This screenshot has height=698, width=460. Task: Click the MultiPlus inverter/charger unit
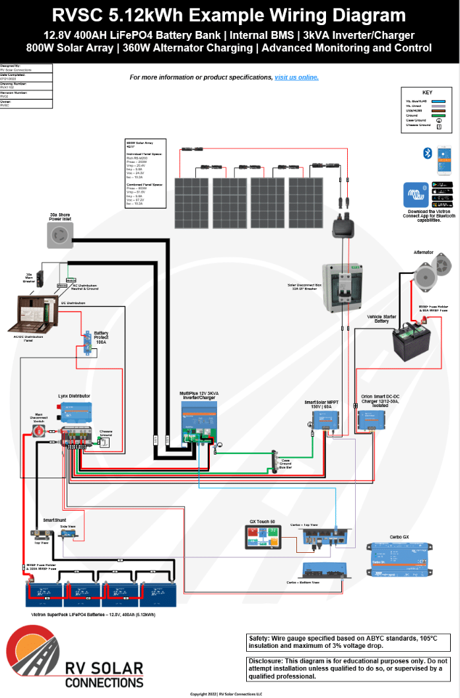pos(199,421)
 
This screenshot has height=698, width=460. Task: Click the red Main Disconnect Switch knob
pos(39,431)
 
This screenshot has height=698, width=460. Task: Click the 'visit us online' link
pos(296,77)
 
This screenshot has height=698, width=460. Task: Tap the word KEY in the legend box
pos(427,92)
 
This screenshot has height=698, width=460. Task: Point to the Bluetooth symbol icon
pos(427,153)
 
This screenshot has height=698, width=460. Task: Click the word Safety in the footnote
pos(263,638)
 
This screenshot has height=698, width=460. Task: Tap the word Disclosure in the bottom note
pos(270,660)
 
